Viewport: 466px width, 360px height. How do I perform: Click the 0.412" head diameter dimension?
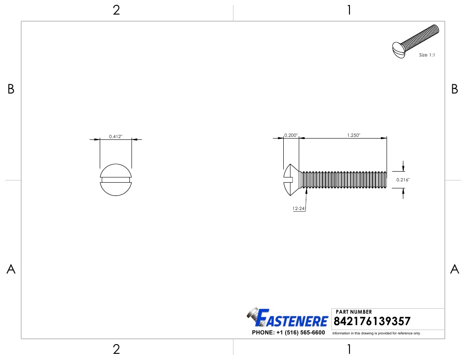[x=116, y=137]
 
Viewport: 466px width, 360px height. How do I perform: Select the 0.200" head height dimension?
[x=291, y=135]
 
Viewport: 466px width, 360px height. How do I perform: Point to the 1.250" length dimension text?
[x=353, y=135]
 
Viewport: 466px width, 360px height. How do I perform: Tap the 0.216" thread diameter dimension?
[x=403, y=180]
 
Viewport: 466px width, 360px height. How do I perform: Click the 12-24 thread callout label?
[x=299, y=208]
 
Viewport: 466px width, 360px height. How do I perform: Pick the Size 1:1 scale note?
[x=426, y=55]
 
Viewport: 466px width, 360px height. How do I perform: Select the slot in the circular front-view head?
[x=116, y=180]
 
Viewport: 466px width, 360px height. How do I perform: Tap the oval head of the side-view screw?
[x=291, y=180]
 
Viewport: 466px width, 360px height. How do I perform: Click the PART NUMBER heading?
[x=354, y=312]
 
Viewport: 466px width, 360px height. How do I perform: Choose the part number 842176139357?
[x=373, y=321]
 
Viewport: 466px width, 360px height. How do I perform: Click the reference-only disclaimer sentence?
[x=376, y=333]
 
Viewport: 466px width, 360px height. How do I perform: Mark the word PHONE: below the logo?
[x=262, y=332]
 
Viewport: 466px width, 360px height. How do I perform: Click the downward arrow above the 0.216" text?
[x=403, y=168]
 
